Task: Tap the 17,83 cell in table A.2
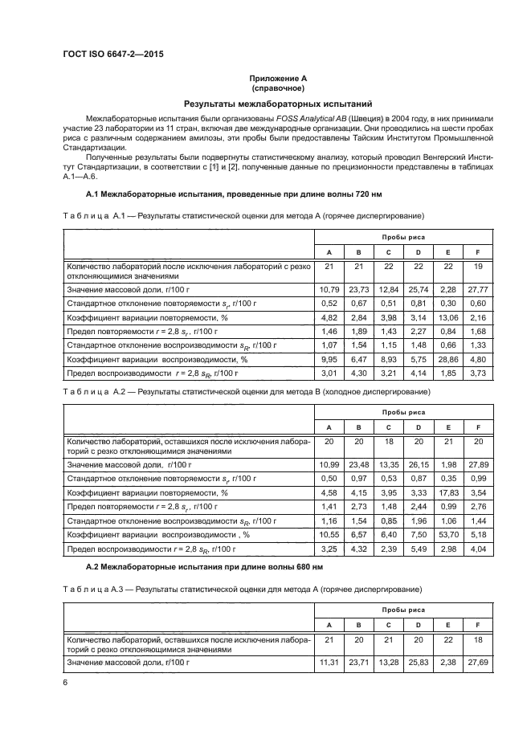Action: pos(447,492)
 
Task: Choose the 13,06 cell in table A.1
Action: pos(447,317)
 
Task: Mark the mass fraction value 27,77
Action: pos(478,288)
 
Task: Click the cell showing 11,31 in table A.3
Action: pos(328,663)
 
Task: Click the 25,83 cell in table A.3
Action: pos(418,663)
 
